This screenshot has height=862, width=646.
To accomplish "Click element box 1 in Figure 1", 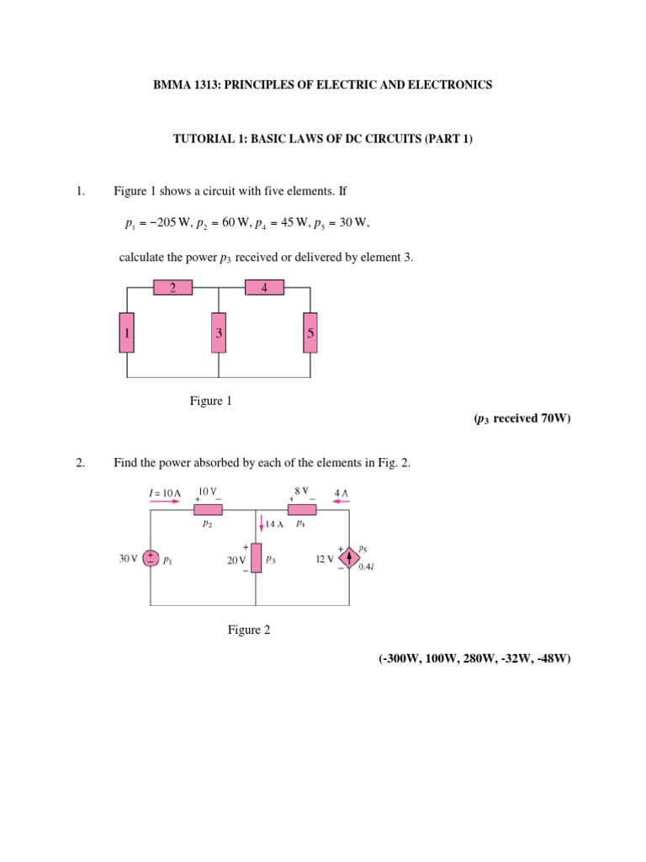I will click(x=126, y=333).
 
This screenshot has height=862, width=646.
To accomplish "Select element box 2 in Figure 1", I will click(x=172, y=288).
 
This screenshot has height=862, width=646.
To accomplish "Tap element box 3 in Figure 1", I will click(x=219, y=333).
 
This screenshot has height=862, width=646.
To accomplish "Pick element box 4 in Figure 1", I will click(x=264, y=288).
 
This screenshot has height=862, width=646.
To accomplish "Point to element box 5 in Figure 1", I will click(x=310, y=333).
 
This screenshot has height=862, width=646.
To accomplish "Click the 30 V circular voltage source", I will click(x=150, y=559).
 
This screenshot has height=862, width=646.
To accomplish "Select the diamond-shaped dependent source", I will click(x=348, y=558).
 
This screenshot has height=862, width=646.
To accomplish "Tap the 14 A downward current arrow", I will click(x=262, y=525).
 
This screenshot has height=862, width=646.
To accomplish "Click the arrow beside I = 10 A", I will click(x=165, y=500).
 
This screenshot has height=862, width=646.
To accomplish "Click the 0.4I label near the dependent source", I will click(x=366, y=567).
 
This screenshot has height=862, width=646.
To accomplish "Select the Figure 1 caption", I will click(x=210, y=401).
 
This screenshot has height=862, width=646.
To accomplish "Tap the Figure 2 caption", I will click(x=249, y=630).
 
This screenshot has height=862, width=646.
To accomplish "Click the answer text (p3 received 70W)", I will click(x=522, y=418).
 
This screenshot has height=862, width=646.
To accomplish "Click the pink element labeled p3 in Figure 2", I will click(x=256, y=558).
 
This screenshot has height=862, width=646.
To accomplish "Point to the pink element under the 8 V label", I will click(x=302, y=509).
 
